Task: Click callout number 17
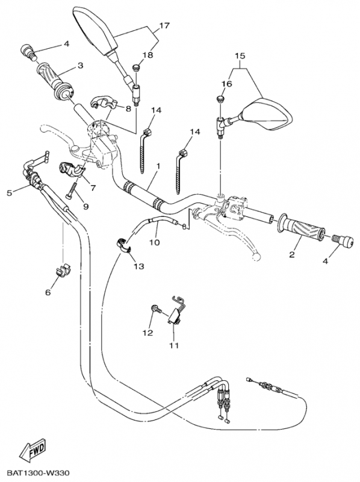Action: [x=164, y=25]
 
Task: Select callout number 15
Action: [x=240, y=56]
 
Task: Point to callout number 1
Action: [x=158, y=166]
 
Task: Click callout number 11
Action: [x=174, y=345]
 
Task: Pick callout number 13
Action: [x=139, y=266]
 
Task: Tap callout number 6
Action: [x=48, y=292]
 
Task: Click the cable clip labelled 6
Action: [x=64, y=269]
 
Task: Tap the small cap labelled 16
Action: [x=220, y=99]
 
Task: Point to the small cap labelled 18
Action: [x=137, y=67]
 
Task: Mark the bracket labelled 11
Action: [x=175, y=311]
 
